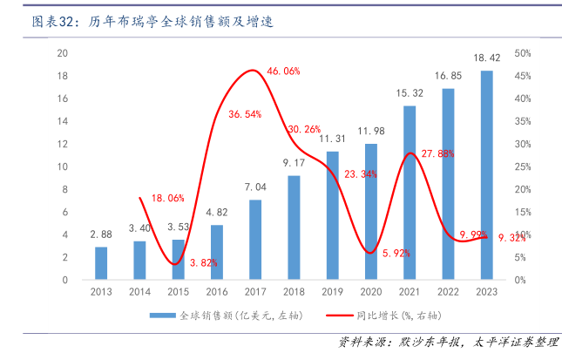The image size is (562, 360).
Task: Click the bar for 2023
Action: [486, 175]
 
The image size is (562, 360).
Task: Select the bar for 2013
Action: [101, 263]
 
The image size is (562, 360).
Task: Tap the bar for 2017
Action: [254, 240]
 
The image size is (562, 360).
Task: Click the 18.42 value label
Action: [486, 58]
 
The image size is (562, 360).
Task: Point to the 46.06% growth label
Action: [283, 71]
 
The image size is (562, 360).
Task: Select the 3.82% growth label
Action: [202, 262]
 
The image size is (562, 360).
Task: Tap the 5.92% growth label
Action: [395, 253]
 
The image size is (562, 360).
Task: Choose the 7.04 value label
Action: [254, 187]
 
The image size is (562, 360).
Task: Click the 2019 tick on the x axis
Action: [332, 291]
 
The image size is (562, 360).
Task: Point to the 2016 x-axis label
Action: [216, 291]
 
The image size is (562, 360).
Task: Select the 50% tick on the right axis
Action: [523, 53]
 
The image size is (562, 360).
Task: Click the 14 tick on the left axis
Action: [62, 121]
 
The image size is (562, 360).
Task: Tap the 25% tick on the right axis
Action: [523, 166]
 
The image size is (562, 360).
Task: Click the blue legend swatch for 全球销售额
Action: [162, 315]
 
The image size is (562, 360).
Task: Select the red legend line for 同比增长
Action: [338, 315]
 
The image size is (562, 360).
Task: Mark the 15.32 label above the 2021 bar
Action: [409, 92]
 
